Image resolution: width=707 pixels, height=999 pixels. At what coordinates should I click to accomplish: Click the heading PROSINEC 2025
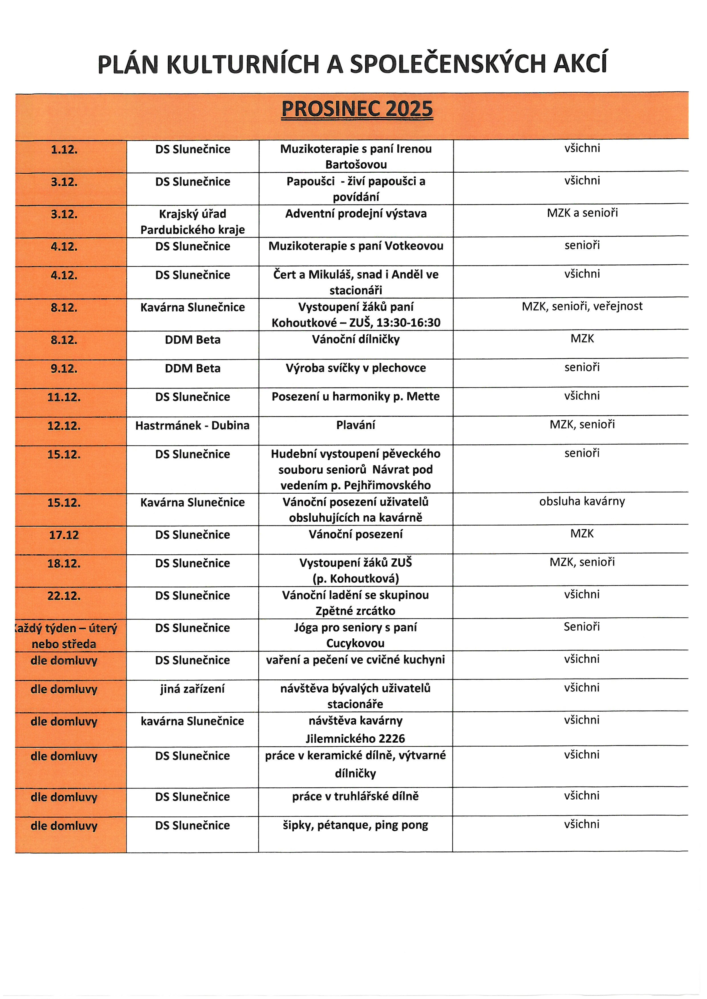coord(357,109)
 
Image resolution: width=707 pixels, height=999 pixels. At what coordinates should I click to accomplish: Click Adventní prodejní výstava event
coord(356,214)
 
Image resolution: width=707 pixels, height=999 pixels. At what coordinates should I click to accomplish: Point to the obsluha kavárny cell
coord(582,501)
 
